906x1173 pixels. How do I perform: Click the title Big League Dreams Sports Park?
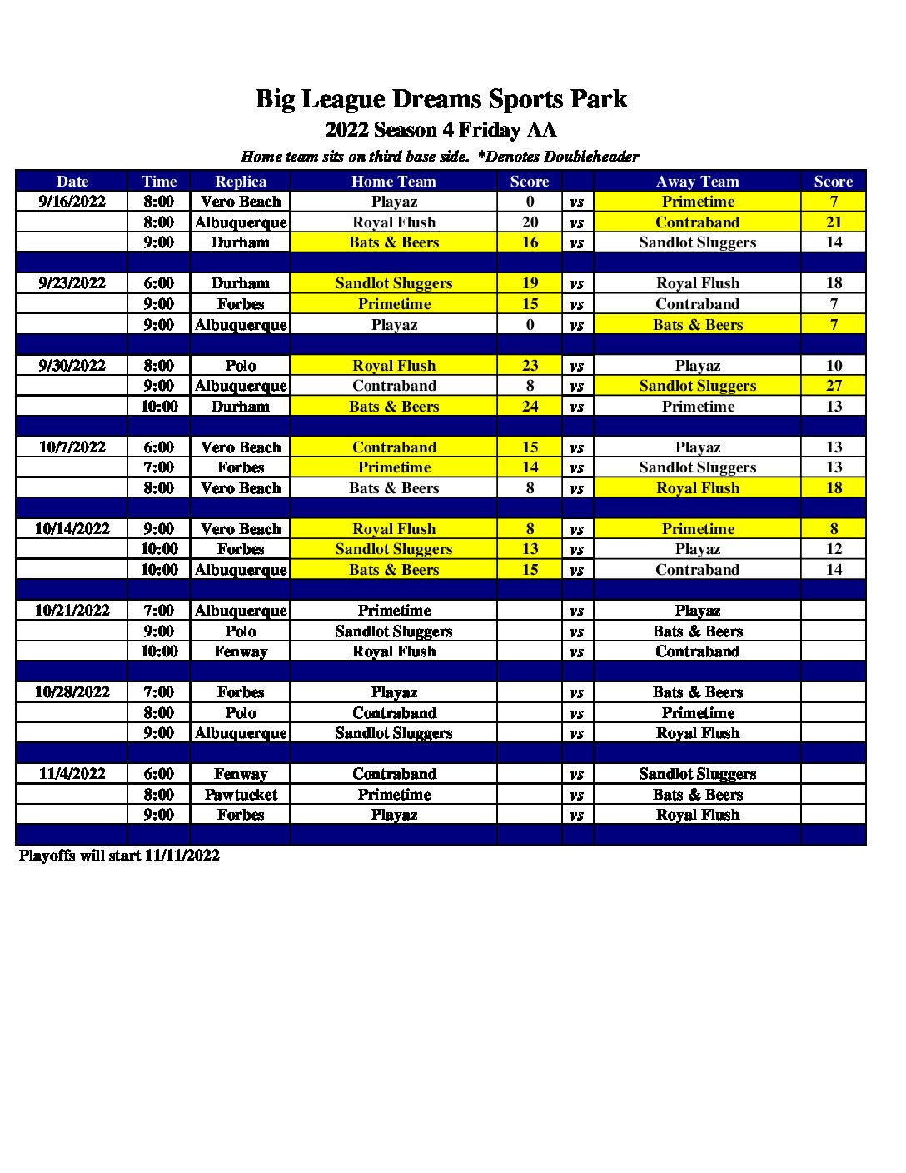click(441, 99)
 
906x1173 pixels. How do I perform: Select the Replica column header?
click(241, 182)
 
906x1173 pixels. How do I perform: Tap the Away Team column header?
click(697, 182)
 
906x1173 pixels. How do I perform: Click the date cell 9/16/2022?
click(72, 202)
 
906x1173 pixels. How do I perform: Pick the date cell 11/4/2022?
click(72, 774)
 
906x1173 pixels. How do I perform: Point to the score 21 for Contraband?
click(834, 222)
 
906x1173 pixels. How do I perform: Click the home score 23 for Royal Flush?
click(530, 366)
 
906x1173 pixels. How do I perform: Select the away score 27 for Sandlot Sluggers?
click(834, 386)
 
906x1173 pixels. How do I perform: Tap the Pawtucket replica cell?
click(241, 795)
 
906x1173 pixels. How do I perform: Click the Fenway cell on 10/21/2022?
click(241, 651)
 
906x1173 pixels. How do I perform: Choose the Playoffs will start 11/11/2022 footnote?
click(119, 856)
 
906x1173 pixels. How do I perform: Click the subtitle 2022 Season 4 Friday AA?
click(441, 130)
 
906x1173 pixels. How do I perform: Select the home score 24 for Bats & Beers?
click(530, 407)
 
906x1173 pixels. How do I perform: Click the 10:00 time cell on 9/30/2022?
click(159, 407)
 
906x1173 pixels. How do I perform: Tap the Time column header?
click(159, 182)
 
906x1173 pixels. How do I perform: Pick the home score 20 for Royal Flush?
click(530, 222)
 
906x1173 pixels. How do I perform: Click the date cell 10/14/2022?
click(72, 529)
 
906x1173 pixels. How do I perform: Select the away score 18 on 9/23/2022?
click(834, 283)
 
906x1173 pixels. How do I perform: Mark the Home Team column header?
click(394, 182)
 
